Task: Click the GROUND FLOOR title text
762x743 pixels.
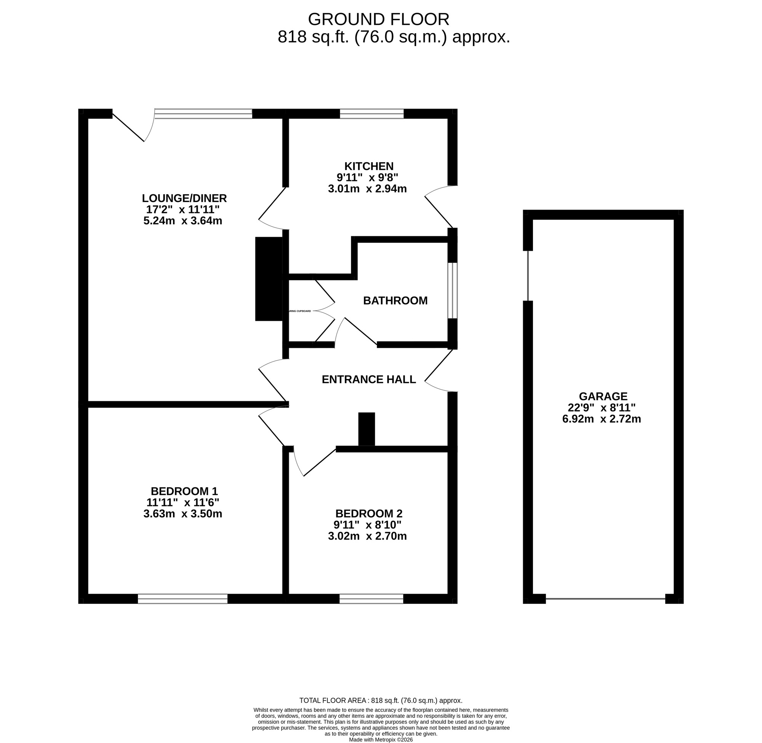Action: click(378, 19)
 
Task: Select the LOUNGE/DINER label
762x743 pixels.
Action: click(184, 198)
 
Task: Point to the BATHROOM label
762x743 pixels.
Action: click(395, 301)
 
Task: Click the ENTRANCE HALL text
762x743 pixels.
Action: click(368, 379)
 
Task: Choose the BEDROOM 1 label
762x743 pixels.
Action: click(184, 491)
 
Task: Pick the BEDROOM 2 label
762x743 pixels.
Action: click(368, 514)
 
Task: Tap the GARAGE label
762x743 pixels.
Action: click(603, 397)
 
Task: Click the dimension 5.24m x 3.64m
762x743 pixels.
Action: click(182, 221)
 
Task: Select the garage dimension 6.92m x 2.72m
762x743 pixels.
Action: click(601, 419)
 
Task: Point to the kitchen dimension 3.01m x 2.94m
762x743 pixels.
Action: click(367, 189)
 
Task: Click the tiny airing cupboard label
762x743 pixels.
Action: click(299, 311)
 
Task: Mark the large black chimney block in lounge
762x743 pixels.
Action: click(269, 279)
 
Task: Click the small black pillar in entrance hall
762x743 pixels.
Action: click(366, 429)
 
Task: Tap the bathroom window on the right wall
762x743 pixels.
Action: click(452, 290)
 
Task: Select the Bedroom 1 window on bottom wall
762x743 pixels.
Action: click(182, 599)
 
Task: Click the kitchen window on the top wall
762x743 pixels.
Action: click(371, 114)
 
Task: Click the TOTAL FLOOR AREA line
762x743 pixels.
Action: click(380, 700)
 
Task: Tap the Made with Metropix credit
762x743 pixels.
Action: click(380, 740)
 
